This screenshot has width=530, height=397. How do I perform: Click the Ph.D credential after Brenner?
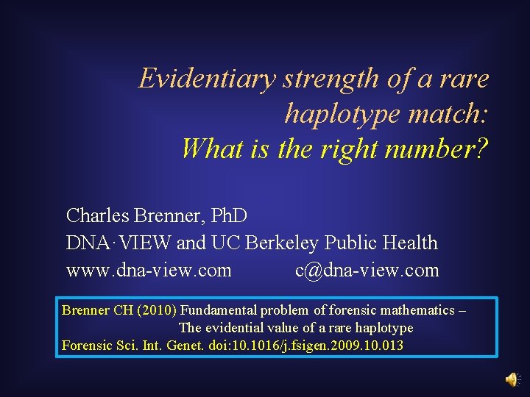(x=229, y=215)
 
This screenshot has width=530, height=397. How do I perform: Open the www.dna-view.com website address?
(x=149, y=271)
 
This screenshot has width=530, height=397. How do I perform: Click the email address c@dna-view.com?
(x=367, y=271)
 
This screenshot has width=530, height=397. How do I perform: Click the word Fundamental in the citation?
(x=222, y=310)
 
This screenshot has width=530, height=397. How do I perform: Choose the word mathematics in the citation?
(x=414, y=310)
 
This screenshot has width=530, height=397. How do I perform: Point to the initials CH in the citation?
(x=122, y=310)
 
